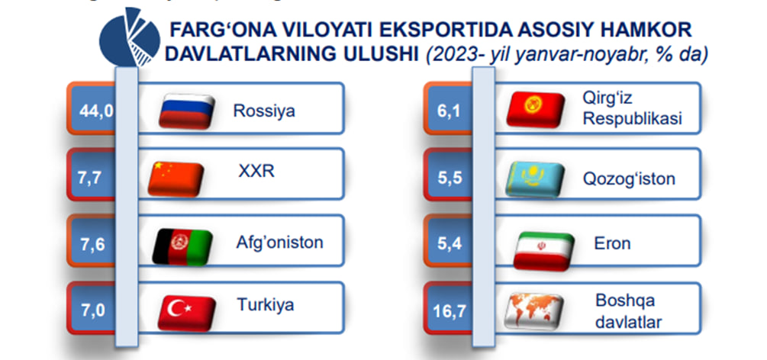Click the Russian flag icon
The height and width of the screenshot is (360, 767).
pos(187,111)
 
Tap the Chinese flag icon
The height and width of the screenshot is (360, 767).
pos(176,179)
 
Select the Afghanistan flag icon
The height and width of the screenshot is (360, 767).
pos(182,247)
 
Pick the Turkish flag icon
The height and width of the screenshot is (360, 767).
pos(187,313)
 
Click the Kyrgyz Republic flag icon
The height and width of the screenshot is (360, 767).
pos(536,110)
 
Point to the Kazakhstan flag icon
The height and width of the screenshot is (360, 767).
pos(535,179)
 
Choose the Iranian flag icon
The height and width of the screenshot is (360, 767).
pos(544,252)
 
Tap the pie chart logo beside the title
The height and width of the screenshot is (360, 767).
pos(130,37)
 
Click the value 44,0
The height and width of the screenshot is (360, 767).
pos(96,111)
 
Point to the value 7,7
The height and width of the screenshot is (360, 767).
pos(89,178)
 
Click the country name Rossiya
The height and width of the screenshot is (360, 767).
pos(264,111)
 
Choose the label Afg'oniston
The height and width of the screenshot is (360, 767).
pos(280,242)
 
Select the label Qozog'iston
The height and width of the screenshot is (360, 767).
pos(629,178)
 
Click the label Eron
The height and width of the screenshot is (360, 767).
pos(612,243)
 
